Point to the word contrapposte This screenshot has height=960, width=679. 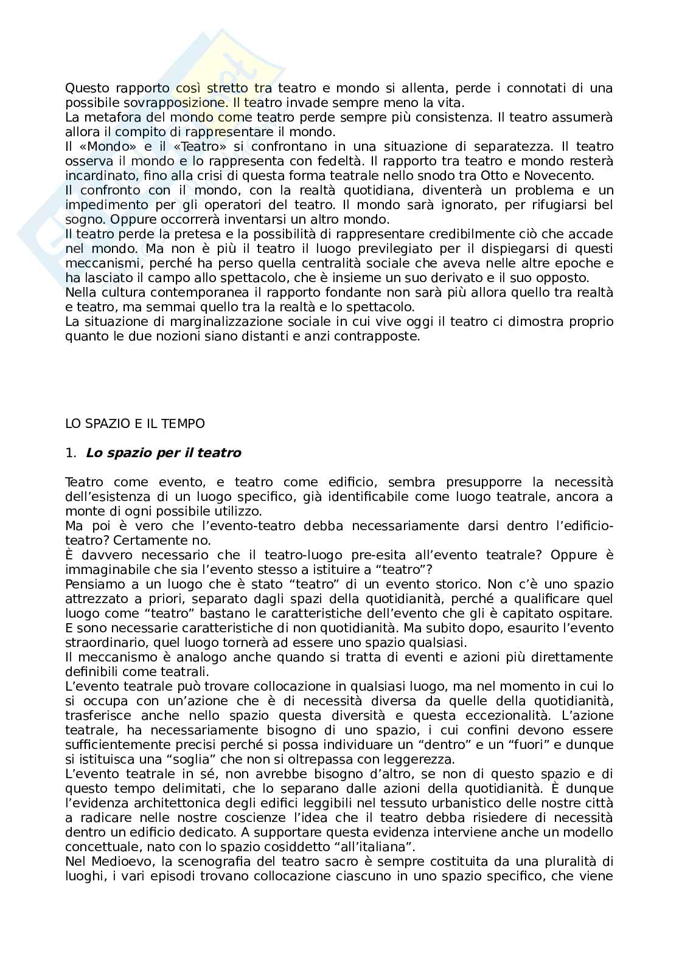click(382, 336)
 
